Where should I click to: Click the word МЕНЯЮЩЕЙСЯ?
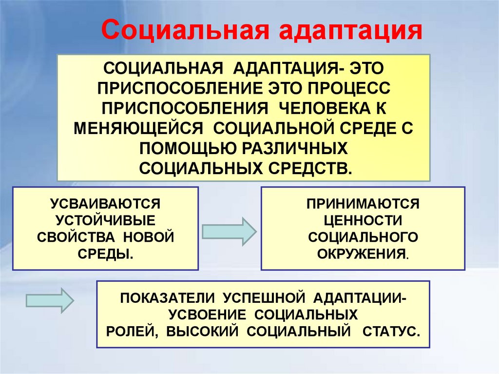click(x=138, y=128)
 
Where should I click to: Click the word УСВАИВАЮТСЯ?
click(x=105, y=201)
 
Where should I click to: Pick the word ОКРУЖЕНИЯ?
click(x=362, y=254)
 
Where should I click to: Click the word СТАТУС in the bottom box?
click(x=389, y=331)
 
